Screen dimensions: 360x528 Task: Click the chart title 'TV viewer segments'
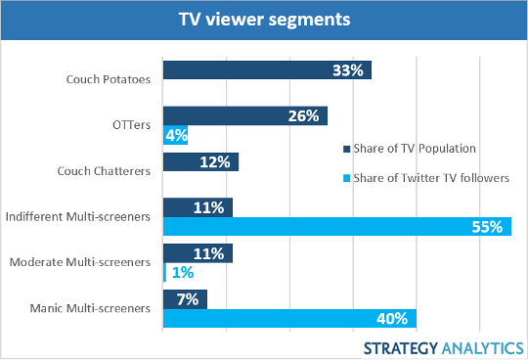(x=264, y=20)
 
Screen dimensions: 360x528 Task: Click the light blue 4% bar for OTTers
(x=175, y=134)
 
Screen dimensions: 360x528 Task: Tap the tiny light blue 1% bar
(x=164, y=273)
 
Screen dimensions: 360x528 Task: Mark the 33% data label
(x=348, y=70)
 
